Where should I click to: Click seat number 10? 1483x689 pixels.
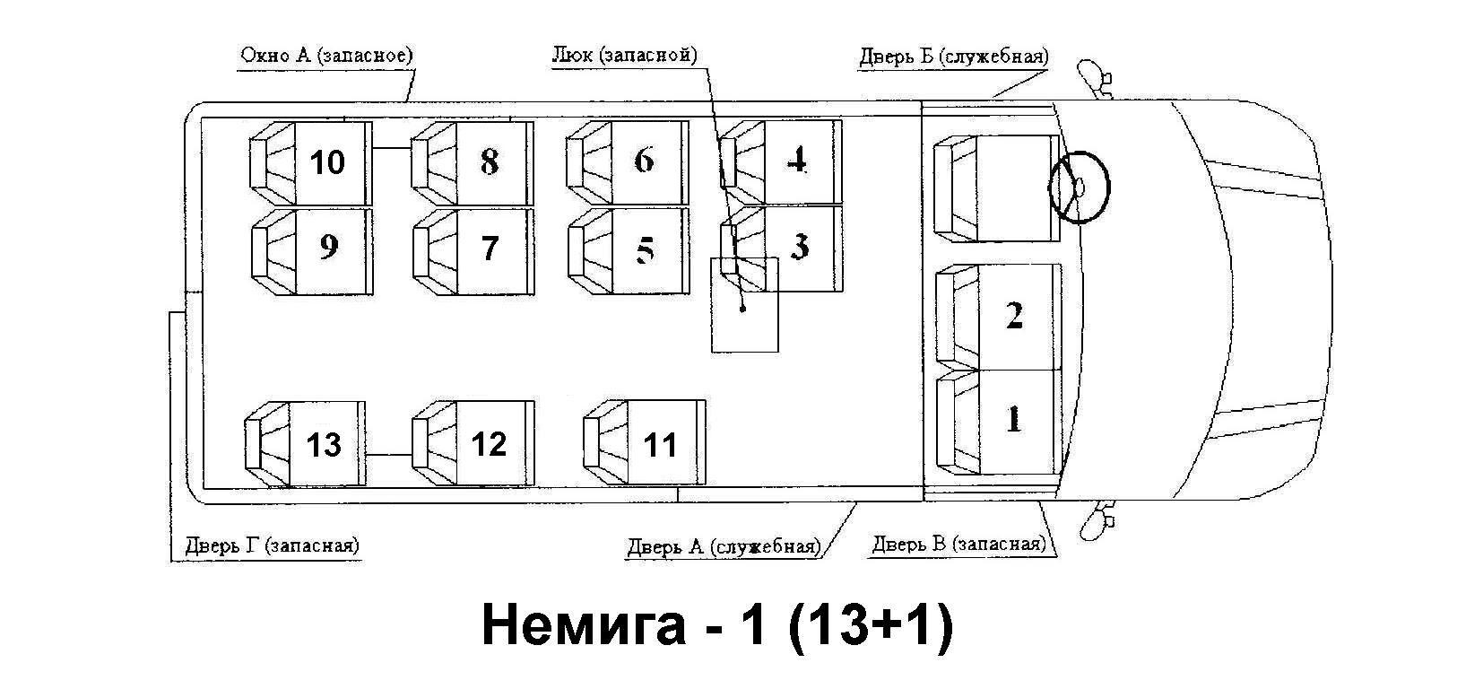click(x=310, y=163)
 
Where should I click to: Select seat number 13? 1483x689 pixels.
click(x=305, y=444)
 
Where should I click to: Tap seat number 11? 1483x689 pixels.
click(x=645, y=442)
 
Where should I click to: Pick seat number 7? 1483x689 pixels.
click(x=473, y=252)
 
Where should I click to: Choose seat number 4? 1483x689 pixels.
click(x=781, y=161)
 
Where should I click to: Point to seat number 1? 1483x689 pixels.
click(x=998, y=422)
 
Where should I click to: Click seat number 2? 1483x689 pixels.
click(x=998, y=317)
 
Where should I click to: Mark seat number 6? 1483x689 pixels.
click(x=628, y=162)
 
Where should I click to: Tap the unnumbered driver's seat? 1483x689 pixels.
click(x=996, y=188)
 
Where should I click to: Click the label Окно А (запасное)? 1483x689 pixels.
click(x=326, y=55)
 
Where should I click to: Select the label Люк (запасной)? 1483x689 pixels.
click(x=624, y=55)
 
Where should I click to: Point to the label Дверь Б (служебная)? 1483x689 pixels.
click(x=953, y=57)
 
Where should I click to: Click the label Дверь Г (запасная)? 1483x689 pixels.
click(x=272, y=545)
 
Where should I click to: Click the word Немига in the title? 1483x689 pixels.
click(x=584, y=625)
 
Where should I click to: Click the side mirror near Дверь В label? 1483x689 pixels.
click(x=1095, y=521)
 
